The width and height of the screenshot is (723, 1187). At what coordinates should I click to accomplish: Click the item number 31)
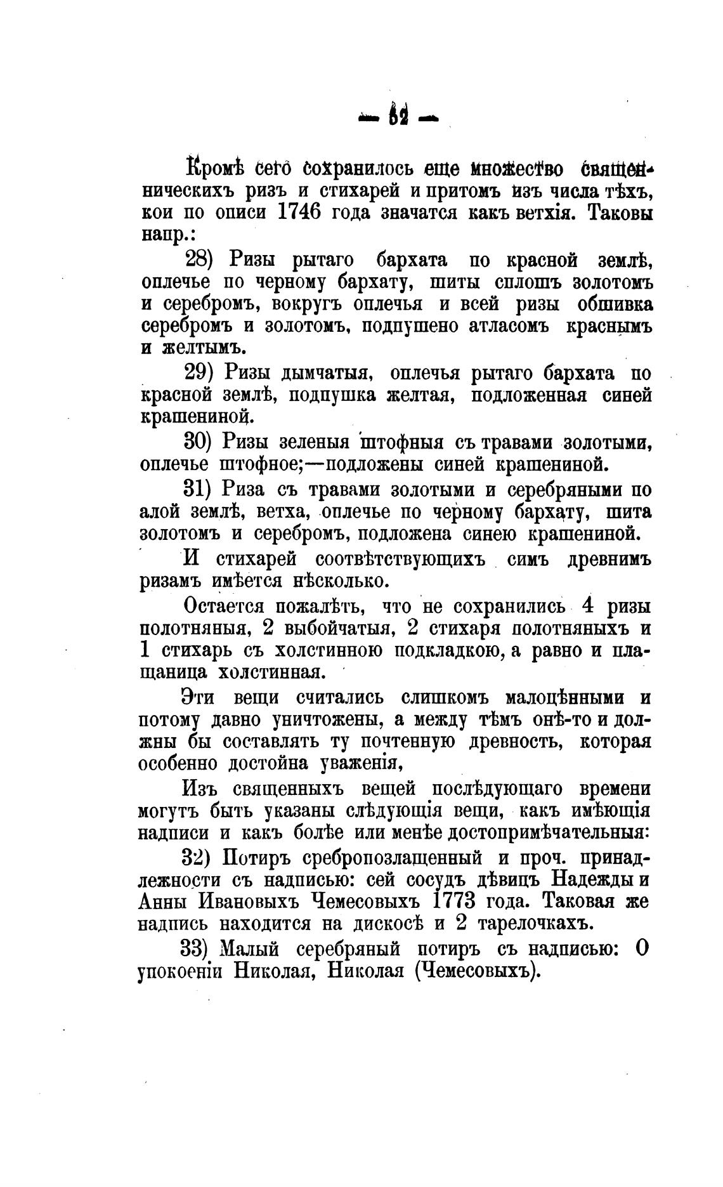201,490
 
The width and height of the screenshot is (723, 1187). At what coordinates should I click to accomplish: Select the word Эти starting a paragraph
199,698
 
